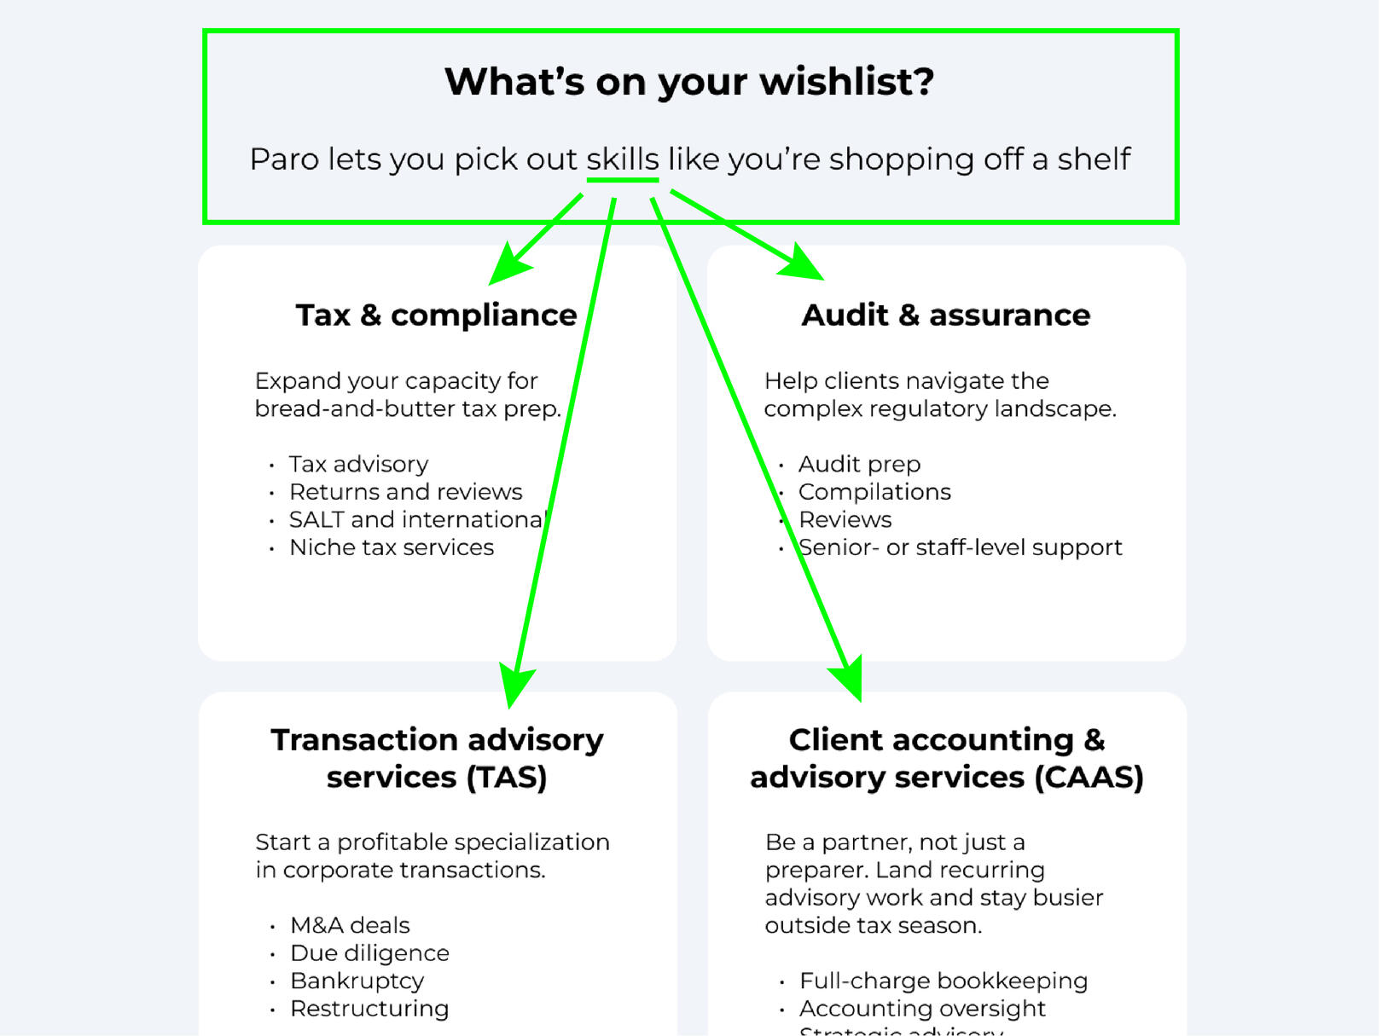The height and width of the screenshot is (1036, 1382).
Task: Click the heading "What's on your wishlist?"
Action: tap(689, 82)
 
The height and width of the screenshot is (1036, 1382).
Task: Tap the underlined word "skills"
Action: tap(623, 159)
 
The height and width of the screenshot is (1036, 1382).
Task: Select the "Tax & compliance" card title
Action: tap(436, 315)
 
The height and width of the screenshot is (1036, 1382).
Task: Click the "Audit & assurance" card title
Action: tap(945, 315)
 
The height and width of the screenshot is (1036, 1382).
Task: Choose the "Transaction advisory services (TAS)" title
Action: tap(437, 758)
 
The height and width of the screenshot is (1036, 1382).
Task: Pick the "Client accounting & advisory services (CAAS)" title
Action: tap(946, 758)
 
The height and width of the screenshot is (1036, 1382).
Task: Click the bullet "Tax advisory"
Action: tap(358, 465)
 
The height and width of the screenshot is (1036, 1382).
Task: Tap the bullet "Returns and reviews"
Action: tap(405, 492)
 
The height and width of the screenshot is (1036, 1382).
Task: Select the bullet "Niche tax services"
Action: tap(392, 547)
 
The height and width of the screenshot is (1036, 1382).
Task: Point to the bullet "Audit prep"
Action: tap(859, 465)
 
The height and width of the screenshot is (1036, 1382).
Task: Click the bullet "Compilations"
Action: tap(874, 492)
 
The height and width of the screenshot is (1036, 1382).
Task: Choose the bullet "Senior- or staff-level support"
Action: tap(960, 547)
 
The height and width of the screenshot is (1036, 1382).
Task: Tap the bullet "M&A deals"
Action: tap(350, 925)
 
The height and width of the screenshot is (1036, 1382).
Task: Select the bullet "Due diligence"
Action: tap(369, 953)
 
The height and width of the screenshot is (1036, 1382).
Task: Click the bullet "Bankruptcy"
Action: tap(357, 981)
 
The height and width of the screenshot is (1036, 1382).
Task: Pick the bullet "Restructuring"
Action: tap(369, 1009)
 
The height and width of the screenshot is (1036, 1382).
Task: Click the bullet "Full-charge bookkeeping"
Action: tap(944, 981)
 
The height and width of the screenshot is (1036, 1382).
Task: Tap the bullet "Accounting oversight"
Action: tap(922, 1009)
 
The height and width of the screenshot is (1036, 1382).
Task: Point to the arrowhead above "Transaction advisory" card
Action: tap(514, 686)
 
